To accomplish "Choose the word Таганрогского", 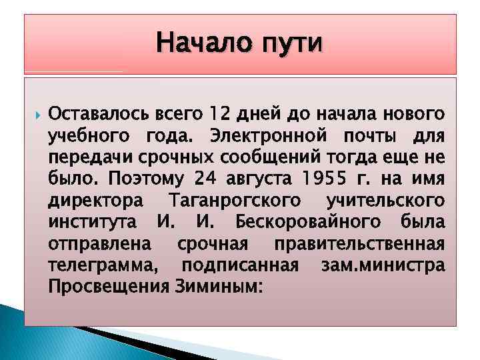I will pyautogui.click(x=235, y=200).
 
